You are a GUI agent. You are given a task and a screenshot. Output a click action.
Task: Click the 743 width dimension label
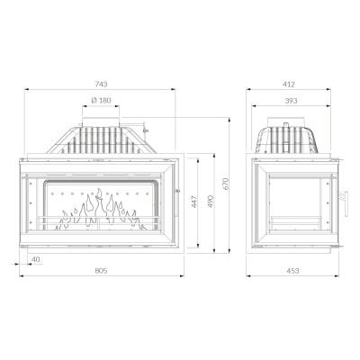[x=102, y=85]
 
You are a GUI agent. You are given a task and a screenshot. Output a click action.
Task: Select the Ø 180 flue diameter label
[x=101, y=100]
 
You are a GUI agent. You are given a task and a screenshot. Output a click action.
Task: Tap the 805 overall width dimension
[x=101, y=271]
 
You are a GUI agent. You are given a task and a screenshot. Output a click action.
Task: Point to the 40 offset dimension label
[x=36, y=259]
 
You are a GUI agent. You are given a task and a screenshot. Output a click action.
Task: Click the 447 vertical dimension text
[x=194, y=202]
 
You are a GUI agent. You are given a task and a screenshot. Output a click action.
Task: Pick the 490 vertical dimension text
[x=211, y=202]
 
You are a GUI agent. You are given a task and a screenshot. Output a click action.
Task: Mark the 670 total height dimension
[x=226, y=184]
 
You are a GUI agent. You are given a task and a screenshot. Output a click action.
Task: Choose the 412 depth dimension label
[x=289, y=85]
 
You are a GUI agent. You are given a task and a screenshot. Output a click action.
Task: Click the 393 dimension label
[x=291, y=101]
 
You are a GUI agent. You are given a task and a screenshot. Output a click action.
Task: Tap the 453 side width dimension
[x=292, y=271]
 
